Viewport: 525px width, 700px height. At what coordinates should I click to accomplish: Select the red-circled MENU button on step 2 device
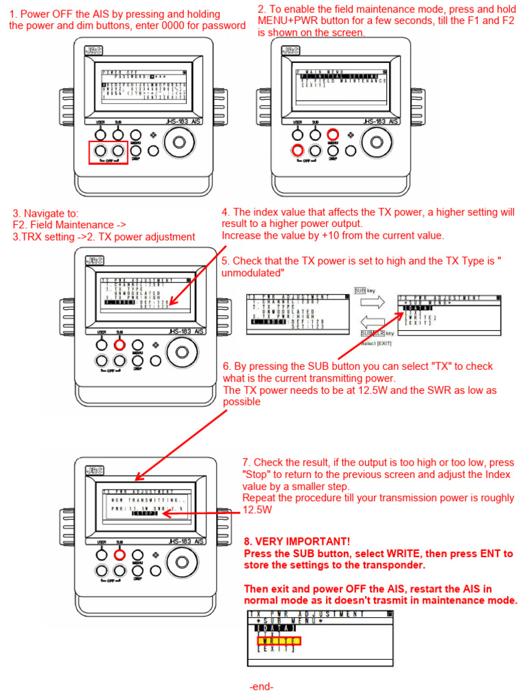tap(333, 135)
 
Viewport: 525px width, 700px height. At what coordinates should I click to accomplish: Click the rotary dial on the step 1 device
tap(179, 142)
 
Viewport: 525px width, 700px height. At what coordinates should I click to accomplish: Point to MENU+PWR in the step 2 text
tap(287, 21)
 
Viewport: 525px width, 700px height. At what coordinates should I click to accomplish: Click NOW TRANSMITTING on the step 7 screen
tap(143, 500)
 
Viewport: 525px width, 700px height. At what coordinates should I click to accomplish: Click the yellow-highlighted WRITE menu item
tap(278, 641)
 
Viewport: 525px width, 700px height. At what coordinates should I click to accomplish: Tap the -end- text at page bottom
tap(262, 686)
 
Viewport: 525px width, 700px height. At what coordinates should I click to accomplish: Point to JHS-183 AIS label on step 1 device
tap(184, 122)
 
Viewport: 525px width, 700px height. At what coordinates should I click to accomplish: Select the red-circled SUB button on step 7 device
tap(119, 554)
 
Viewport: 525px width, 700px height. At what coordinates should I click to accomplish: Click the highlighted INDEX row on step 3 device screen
tap(120, 301)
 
